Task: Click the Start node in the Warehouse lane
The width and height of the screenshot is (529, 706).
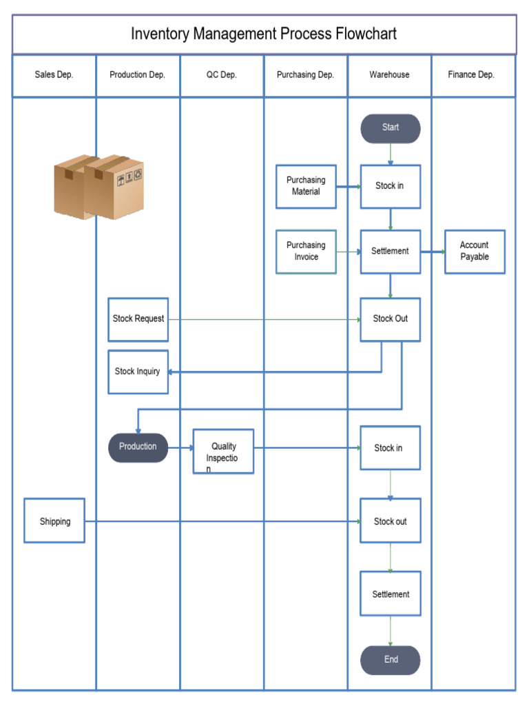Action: tap(390, 128)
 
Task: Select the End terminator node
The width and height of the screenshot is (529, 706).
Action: tap(390, 660)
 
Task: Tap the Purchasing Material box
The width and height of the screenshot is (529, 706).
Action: tap(306, 186)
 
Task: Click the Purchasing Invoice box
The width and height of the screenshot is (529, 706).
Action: tap(306, 251)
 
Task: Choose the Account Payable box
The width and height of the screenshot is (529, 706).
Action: tap(474, 251)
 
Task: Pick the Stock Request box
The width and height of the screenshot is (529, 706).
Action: tap(138, 319)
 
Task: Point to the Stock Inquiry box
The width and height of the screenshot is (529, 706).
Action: tap(138, 372)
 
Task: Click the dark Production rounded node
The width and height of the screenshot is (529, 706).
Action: tap(138, 447)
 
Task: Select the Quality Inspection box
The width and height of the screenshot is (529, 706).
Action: tap(223, 452)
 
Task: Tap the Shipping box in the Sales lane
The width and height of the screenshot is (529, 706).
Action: tap(54, 521)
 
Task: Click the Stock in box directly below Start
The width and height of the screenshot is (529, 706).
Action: tap(390, 186)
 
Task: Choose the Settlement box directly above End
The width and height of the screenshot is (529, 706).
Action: tap(390, 594)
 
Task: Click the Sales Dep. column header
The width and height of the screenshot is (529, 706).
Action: tap(54, 75)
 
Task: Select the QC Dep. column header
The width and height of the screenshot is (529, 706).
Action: tap(222, 75)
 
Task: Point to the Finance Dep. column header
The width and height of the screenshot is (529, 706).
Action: tap(471, 75)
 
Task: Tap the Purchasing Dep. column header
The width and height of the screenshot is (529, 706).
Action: tap(305, 75)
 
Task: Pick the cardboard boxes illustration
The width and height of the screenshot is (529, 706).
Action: tap(99, 187)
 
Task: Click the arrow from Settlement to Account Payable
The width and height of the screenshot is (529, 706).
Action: tap(433, 252)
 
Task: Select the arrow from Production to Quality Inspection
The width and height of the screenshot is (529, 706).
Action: tap(180, 447)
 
